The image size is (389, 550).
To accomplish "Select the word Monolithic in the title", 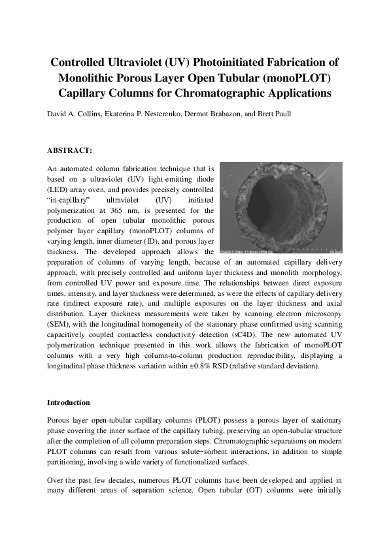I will coord(88,78).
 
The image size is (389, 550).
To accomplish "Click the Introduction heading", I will coord(69,402).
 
